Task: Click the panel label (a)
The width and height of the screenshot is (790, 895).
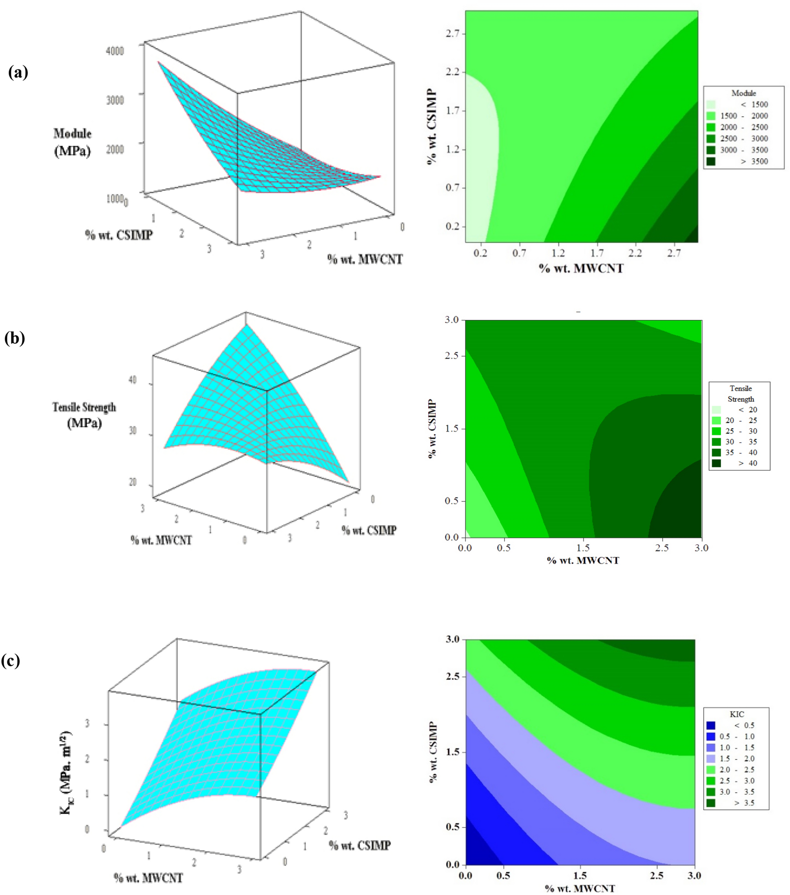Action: (18, 72)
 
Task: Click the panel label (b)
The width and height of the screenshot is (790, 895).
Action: (14, 338)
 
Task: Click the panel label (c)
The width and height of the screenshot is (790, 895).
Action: (11, 660)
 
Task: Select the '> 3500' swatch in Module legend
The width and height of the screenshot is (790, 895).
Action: (710, 162)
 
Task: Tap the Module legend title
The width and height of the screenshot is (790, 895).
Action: (744, 93)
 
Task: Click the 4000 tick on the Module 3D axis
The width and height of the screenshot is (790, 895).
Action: (115, 51)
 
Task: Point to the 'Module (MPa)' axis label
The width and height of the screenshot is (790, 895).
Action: (73, 142)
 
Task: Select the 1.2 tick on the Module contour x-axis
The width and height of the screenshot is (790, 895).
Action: (558, 253)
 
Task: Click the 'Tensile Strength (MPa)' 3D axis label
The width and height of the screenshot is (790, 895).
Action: (84, 414)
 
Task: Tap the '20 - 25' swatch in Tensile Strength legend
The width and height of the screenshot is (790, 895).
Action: (717, 420)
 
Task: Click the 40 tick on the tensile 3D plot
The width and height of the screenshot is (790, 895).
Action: (132, 380)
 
